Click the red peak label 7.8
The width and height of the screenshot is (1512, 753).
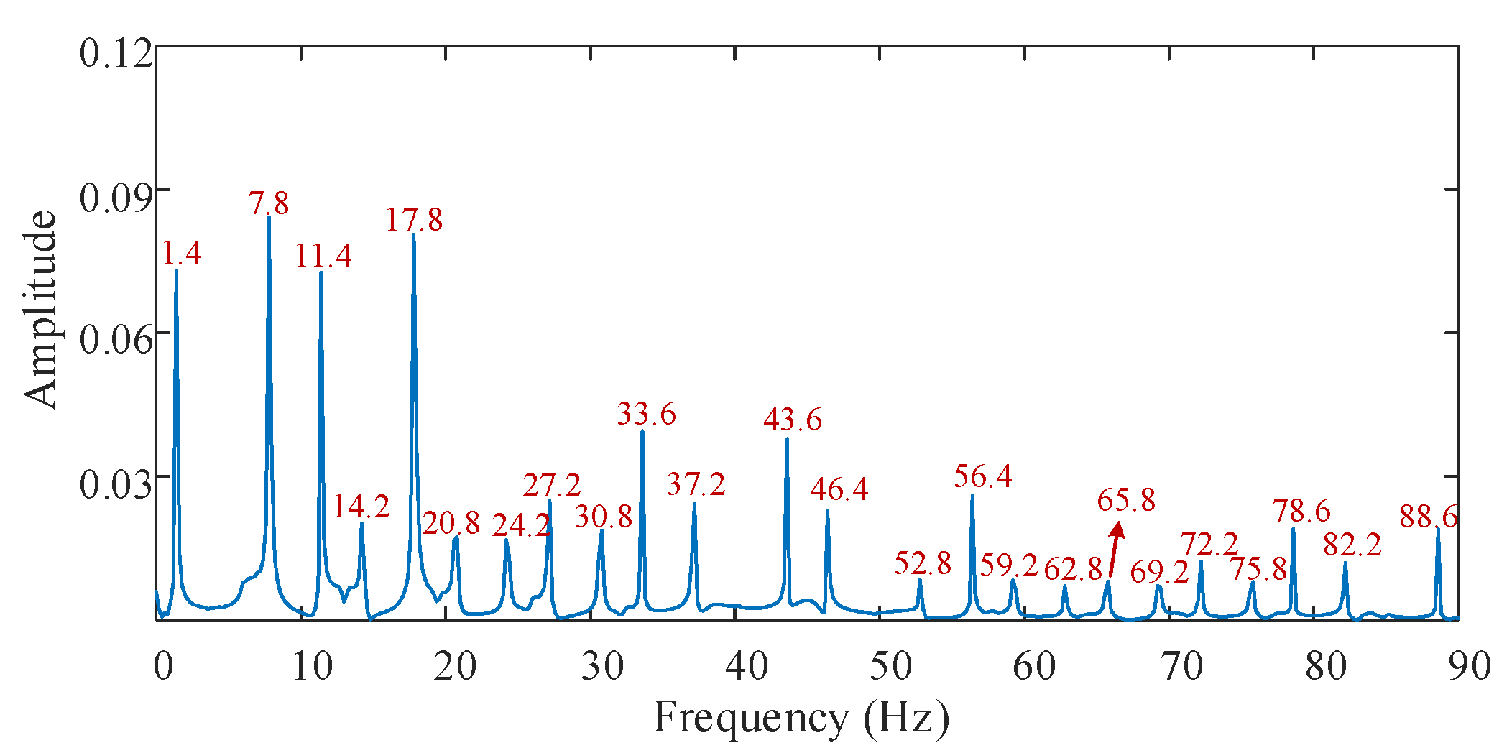click(x=269, y=203)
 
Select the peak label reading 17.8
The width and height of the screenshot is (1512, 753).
click(x=414, y=220)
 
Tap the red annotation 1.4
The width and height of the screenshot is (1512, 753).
click(x=181, y=253)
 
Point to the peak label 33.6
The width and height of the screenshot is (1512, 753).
click(x=646, y=414)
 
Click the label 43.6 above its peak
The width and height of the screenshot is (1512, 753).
click(x=792, y=420)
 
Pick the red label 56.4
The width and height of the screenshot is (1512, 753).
click(x=982, y=476)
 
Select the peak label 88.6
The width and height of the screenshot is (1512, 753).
click(x=1428, y=517)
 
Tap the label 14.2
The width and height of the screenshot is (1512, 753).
click(x=360, y=507)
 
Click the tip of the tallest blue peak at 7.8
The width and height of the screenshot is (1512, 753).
click(x=269, y=216)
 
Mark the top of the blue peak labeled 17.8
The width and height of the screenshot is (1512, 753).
click(x=414, y=235)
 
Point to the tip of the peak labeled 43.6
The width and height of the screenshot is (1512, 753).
click(x=787, y=439)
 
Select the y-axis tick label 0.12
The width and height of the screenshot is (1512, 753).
click(x=116, y=54)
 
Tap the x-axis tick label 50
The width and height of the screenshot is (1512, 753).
click(x=890, y=666)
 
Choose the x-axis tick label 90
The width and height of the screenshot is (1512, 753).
click(x=1469, y=666)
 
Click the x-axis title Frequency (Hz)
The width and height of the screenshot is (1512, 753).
click(x=801, y=718)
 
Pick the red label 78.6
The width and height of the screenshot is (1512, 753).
click(x=1301, y=511)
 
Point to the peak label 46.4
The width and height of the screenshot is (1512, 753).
click(x=839, y=489)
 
